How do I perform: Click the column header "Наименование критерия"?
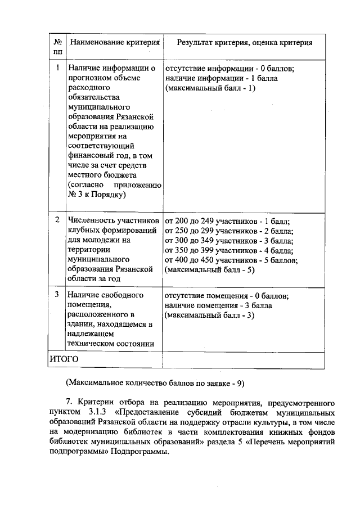point(114,43)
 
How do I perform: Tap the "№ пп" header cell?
point(57,47)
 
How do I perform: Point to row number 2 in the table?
point(57,220)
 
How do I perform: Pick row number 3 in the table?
point(57,295)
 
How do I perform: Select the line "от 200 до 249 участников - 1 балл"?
point(231,220)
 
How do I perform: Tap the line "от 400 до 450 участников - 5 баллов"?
point(231,260)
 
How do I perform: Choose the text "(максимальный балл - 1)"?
point(210,89)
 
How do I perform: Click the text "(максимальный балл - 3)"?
point(210,315)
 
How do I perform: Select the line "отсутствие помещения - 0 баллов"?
point(227,295)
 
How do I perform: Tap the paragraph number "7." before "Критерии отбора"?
point(69,403)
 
